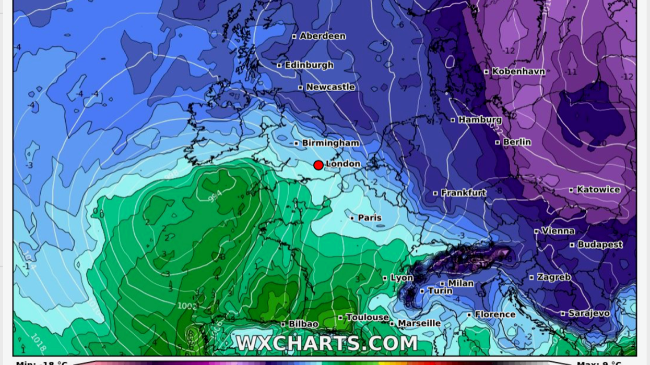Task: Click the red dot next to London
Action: point(318,165)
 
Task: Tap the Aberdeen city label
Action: point(322,36)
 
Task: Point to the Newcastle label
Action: point(330,87)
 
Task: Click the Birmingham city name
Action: point(330,143)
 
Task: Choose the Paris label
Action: point(370,217)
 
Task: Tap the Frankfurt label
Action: point(463,193)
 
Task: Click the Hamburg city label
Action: point(480,120)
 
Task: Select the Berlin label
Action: point(517,142)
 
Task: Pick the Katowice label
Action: point(598,190)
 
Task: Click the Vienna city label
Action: point(558,230)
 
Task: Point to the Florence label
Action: point(495,314)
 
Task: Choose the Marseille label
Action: point(419,323)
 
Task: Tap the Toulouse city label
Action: point(367,317)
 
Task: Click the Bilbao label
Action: point(303,324)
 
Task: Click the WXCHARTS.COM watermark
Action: point(327,344)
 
